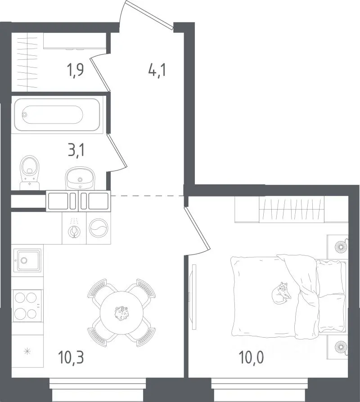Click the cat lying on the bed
point(281,293)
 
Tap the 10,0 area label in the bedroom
point(251,357)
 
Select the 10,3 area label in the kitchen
point(71,357)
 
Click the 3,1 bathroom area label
point(76,150)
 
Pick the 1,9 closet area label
point(75,70)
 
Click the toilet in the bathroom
point(30,172)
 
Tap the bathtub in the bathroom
point(57,114)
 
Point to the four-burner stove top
point(27,306)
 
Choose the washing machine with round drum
point(99,228)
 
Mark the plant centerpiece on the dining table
point(121,313)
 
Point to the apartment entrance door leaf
point(149,14)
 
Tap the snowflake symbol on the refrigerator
point(27,351)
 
